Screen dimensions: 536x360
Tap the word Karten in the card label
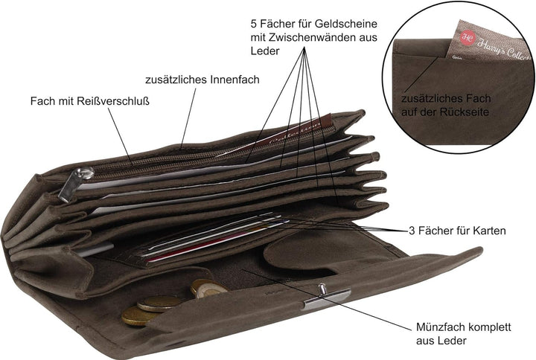point(489,231)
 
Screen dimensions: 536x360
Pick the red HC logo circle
point(467,38)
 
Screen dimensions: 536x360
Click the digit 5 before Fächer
point(253,24)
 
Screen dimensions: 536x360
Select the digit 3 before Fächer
point(412,231)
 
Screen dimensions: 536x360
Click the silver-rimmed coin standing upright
point(208,288)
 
